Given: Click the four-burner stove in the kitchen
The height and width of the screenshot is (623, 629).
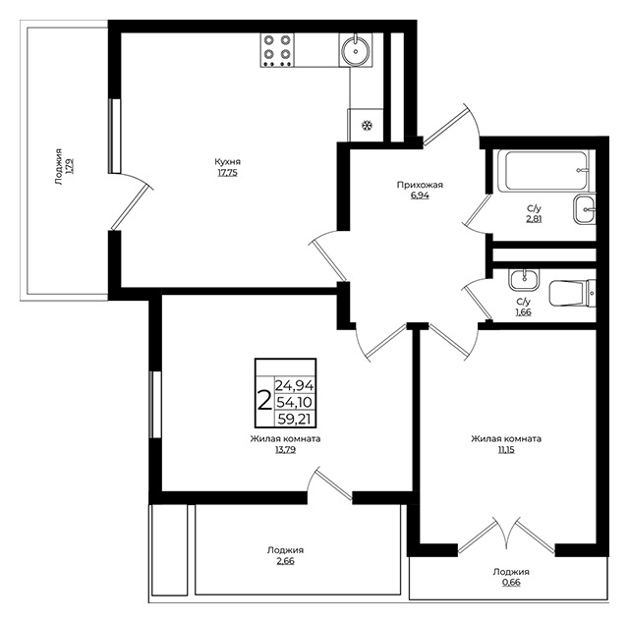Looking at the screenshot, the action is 277,50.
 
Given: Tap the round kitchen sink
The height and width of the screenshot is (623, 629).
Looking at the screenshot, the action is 356,50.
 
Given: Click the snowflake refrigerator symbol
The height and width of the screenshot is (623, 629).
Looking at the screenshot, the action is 367,126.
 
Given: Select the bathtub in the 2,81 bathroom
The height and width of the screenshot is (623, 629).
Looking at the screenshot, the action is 543,170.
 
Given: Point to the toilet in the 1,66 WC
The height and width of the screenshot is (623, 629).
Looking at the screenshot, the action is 572,293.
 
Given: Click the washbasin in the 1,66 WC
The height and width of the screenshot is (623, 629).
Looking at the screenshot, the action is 524,280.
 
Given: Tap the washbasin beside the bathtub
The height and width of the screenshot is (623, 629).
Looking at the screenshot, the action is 585,209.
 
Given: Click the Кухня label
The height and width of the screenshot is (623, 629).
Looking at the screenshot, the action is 227,162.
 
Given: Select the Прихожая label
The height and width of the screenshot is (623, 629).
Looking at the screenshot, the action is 420,185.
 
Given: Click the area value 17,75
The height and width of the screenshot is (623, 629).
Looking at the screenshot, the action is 227,173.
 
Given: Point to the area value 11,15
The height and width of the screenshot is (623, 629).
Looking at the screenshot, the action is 506,450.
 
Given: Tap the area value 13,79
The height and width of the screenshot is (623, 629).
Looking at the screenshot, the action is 285,450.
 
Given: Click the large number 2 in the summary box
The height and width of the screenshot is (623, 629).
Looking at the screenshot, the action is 264,401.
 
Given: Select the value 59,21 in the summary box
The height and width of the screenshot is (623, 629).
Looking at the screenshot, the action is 295,420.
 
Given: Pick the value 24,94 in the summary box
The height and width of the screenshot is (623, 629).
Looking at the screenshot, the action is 294,385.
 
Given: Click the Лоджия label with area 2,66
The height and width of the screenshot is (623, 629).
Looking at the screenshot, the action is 285,550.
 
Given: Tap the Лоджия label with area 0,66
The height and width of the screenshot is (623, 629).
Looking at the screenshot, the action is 511,572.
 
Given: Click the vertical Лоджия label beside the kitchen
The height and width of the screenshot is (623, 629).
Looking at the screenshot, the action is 59,166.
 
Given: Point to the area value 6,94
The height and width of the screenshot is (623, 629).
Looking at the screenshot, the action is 420,196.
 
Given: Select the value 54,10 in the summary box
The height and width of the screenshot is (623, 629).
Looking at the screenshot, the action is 294,402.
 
